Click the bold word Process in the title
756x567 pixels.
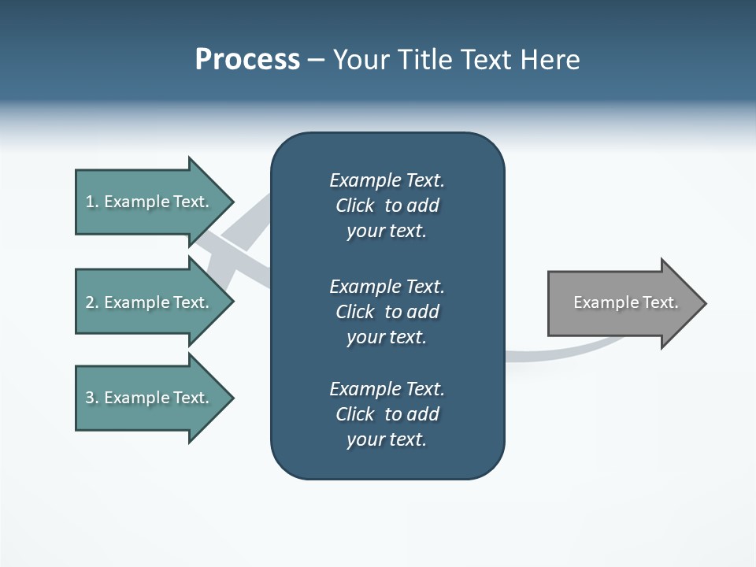(x=247, y=60)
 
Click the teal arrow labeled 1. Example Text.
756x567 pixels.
(x=150, y=202)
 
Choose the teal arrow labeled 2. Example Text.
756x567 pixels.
(x=150, y=302)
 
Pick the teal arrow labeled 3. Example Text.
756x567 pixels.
(x=150, y=398)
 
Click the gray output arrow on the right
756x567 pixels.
(x=622, y=303)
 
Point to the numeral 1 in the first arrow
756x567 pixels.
(x=90, y=202)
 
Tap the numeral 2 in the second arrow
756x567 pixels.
(x=90, y=302)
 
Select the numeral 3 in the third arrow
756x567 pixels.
(x=90, y=398)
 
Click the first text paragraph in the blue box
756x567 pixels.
(x=387, y=206)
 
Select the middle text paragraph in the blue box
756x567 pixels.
(x=387, y=312)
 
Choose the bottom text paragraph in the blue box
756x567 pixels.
(x=387, y=414)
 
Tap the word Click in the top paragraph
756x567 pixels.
(x=354, y=206)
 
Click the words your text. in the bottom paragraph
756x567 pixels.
(x=387, y=439)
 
